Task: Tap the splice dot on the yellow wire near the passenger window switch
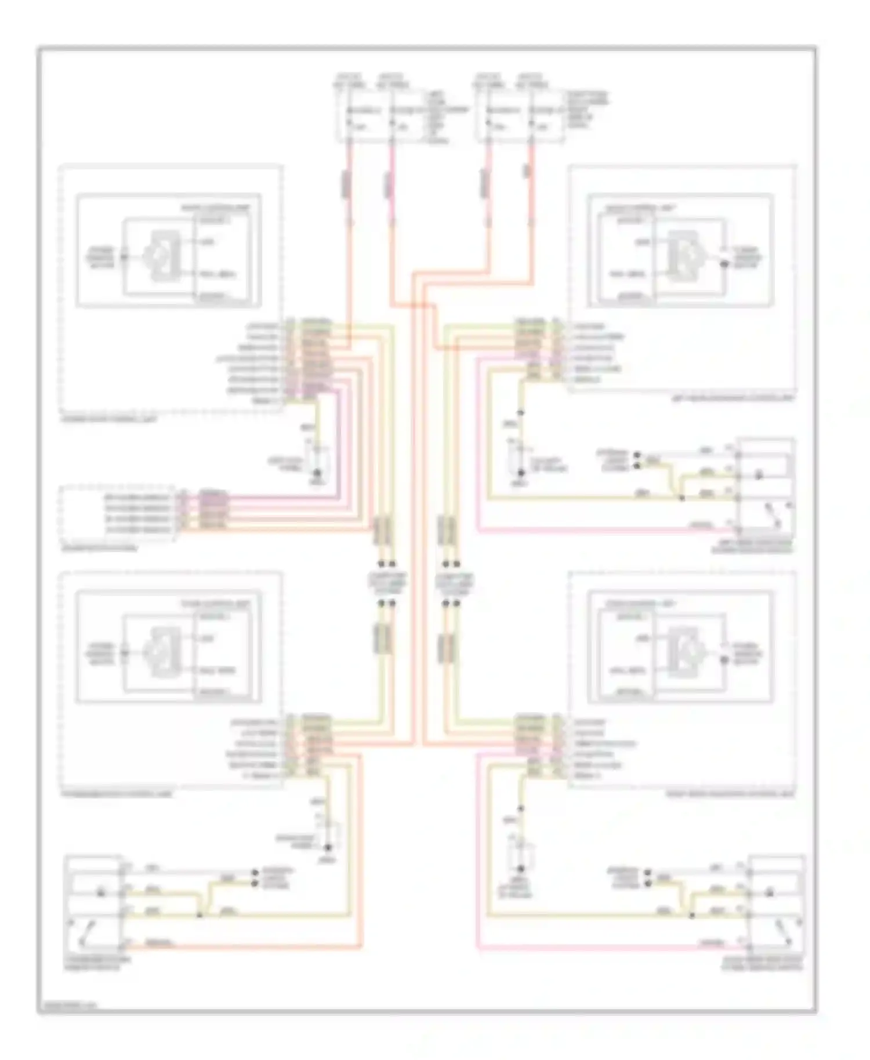200,915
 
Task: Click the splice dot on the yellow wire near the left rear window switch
682,498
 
